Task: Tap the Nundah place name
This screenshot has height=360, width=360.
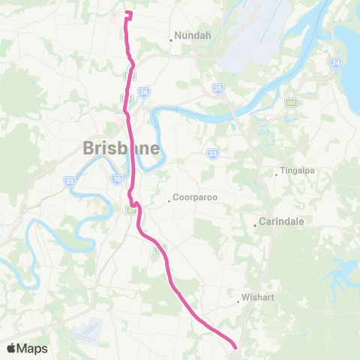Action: point(193,34)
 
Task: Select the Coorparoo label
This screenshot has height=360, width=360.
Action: point(193,199)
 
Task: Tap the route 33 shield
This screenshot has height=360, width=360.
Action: point(70,181)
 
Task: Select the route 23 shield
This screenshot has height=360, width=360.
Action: point(213,154)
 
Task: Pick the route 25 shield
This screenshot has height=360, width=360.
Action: point(218,89)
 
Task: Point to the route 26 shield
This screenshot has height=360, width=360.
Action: point(144,91)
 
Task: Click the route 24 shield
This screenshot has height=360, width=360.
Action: point(335,62)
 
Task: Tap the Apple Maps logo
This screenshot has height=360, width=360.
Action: point(27,348)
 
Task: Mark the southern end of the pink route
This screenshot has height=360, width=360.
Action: point(235,346)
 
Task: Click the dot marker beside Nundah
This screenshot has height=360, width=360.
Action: point(171,40)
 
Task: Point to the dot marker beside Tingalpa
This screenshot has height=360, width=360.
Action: point(276,175)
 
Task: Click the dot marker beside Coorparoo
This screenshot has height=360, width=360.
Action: point(169,202)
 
